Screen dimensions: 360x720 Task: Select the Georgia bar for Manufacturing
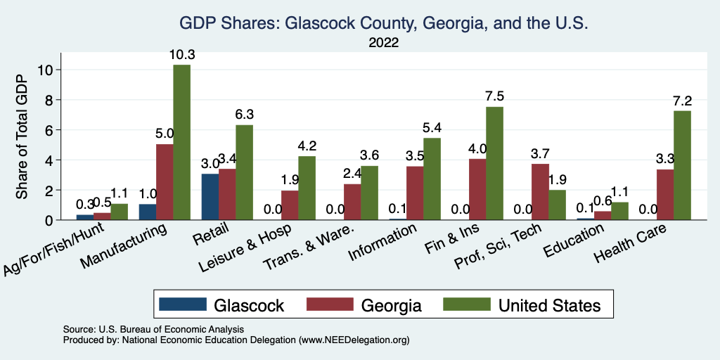(165, 182)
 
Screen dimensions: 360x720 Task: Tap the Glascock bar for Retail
(210, 197)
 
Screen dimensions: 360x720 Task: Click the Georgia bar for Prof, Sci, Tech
(540, 192)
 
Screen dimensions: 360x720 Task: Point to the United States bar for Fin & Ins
(494, 163)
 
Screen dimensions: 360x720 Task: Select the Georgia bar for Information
(415, 193)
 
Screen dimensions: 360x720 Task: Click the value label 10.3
(181, 55)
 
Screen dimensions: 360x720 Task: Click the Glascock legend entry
(222, 305)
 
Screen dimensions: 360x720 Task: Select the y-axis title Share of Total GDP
(22, 137)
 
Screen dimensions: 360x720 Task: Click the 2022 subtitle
(383, 43)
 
